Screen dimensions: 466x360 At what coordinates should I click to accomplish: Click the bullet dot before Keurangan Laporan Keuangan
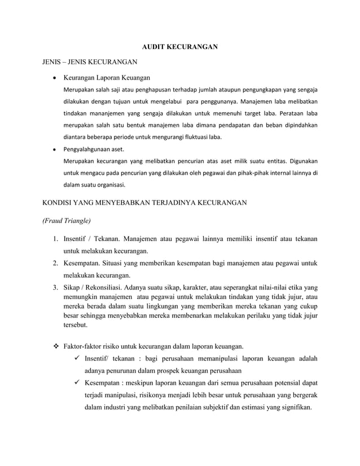pyautogui.click(x=53, y=77)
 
